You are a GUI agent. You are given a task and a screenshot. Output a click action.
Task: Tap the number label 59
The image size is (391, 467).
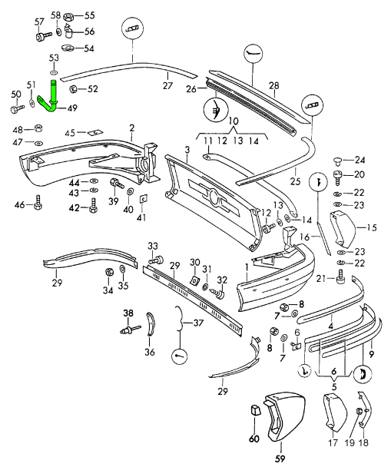[x=279, y=459]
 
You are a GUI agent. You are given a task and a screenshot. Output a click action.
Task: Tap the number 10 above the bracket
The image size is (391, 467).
[x=234, y=121]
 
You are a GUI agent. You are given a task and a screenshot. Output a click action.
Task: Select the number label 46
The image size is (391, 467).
[x=20, y=204]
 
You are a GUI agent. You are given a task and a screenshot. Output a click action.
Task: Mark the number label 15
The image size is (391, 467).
[x=371, y=227]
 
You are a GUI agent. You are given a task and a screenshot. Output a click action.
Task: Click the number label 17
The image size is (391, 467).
[x=332, y=442]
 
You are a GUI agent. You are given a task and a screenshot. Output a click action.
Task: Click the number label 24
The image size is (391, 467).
[x=360, y=160]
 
